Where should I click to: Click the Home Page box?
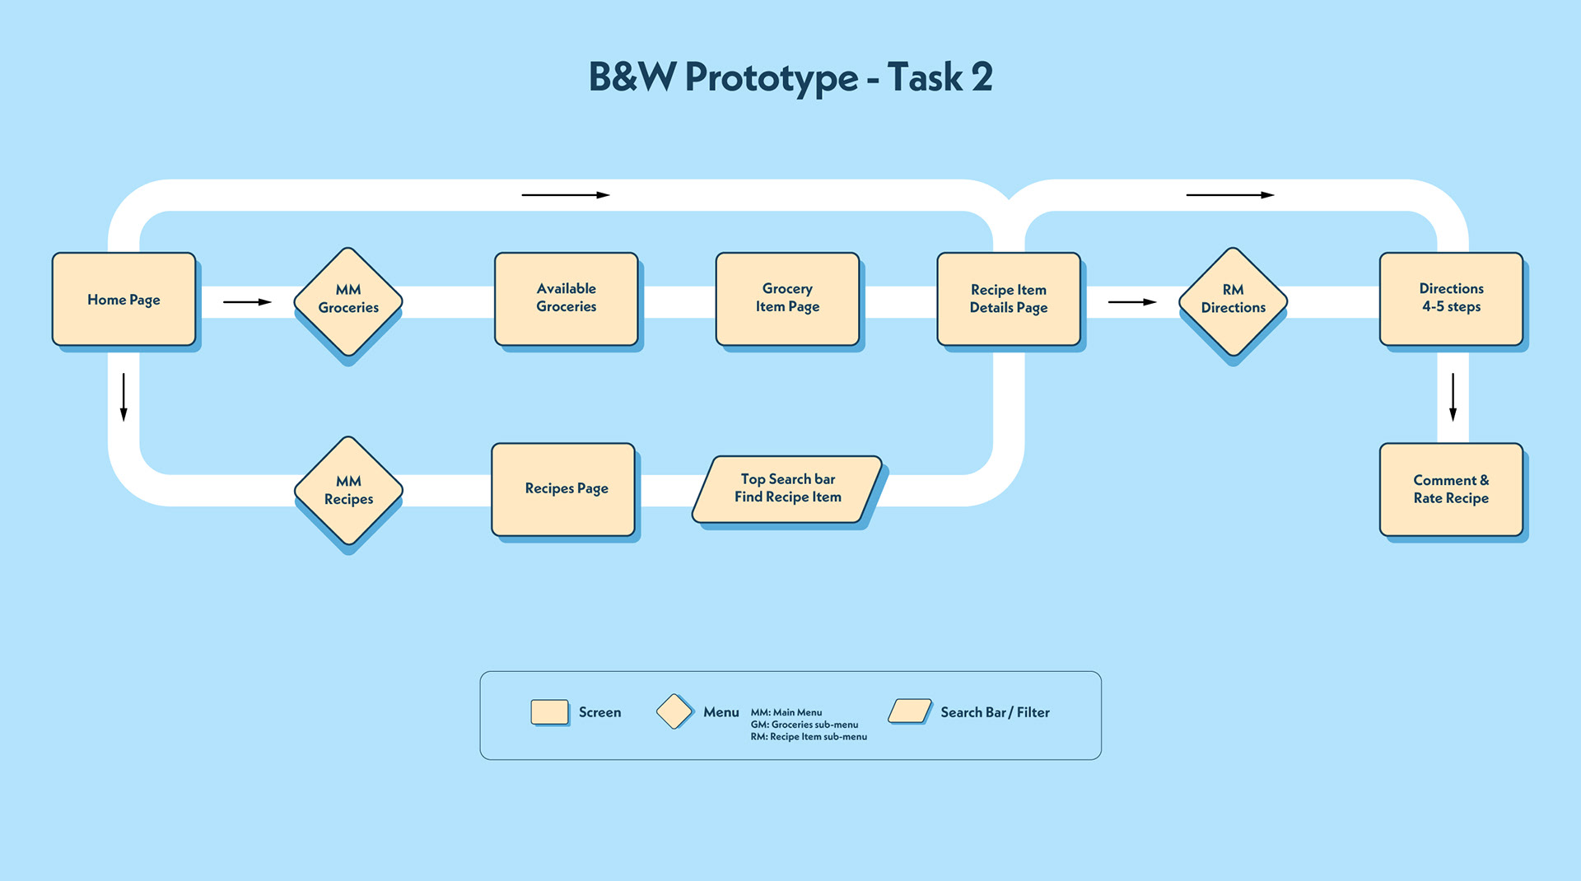click(124, 299)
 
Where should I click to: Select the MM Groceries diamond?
click(348, 301)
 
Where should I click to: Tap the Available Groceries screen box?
click(567, 299)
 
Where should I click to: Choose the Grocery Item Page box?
click(788, 299)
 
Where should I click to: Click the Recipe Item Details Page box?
click(1009, 299)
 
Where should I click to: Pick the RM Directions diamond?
click(1233, 301)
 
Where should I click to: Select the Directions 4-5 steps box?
click(1452, 299)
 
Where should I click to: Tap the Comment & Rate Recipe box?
click(1452, 490)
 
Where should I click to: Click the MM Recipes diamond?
click(348, 491)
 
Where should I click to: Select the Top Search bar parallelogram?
click(787, 489)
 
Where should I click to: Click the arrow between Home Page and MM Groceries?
click(247, 302)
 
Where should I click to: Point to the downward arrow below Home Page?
click(124, 397)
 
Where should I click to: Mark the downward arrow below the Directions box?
click(1453, 397)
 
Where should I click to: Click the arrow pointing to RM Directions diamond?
click(1132, 302)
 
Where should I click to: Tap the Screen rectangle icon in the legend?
click(550, 712)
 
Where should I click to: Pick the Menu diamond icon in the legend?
click(674, 711)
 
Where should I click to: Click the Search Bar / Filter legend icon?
click(910, 711)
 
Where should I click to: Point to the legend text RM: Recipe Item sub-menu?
click(809, 737)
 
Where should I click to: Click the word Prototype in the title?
click(772, 78)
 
